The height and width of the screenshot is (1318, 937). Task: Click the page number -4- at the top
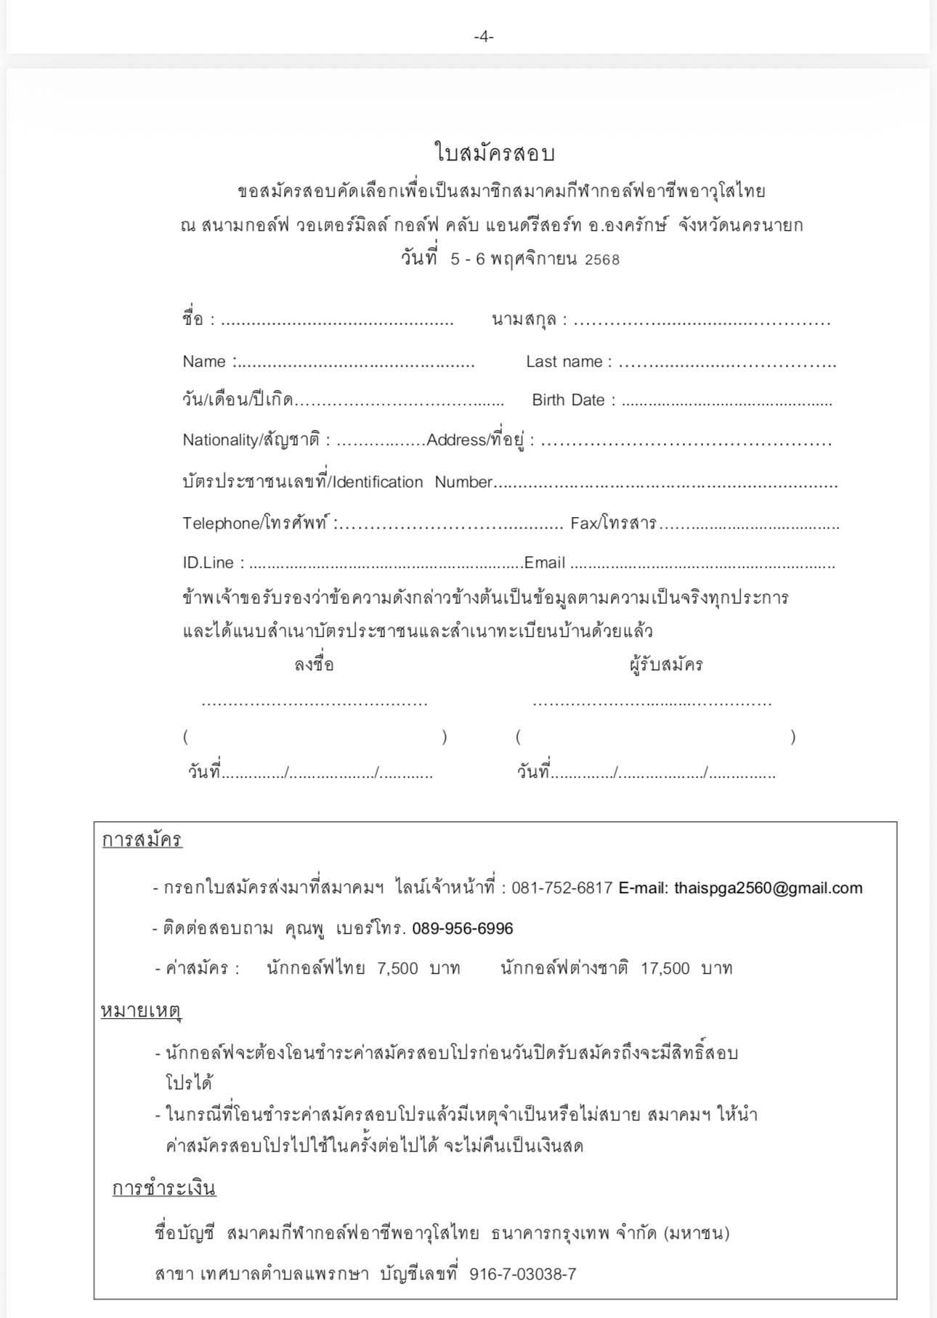pos(483,36)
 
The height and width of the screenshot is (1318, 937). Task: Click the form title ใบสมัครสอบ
pos(495,153)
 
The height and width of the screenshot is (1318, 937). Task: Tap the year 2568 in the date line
pos(602,260)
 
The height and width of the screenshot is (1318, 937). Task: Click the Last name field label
pos(564,362)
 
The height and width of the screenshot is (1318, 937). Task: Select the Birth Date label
pos(568,400)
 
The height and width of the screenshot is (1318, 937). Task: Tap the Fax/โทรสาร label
pos(613,523)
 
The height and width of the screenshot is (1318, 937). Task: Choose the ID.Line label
pos(208,563)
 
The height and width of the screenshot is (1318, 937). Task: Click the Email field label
pos(544,563)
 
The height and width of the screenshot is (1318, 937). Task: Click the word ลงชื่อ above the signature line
pos(314,664)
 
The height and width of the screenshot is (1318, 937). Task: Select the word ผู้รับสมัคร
pos(666,664)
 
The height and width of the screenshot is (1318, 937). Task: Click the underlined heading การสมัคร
pos(142,840)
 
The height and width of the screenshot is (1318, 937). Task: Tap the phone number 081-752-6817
pos(561,888)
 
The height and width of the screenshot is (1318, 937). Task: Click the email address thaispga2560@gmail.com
pos(768,888)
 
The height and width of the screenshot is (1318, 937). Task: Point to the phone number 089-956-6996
pos(463,929)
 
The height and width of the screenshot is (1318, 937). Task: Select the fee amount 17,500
pos(665,968)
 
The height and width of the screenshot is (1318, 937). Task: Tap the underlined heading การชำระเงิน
pos(164,1188)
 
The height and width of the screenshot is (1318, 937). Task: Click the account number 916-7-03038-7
pos(523,1274)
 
